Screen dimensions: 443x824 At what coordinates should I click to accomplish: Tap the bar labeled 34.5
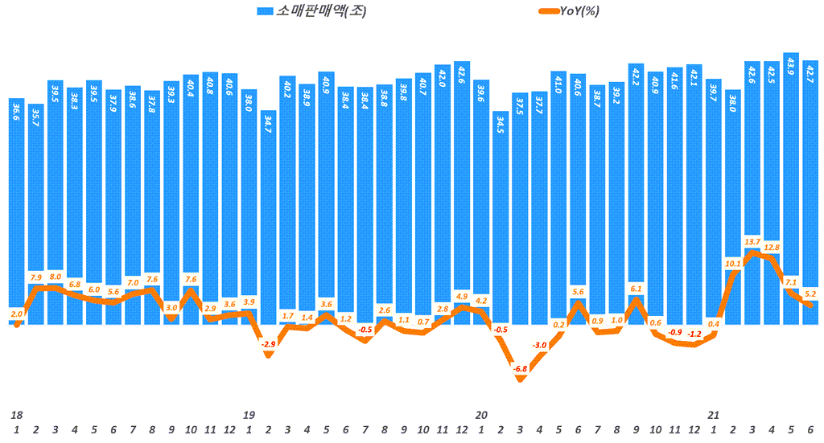[500, 217]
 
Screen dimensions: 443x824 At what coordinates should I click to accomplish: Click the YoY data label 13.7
[752, 241]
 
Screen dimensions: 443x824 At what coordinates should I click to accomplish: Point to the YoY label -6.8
[520, 369]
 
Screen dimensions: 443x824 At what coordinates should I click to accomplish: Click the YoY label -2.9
[268, 344]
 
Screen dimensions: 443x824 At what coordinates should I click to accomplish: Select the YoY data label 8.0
[55, 276]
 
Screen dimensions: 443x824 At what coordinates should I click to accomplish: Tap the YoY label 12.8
[772, 248]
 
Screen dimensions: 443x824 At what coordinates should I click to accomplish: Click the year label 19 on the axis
[249, 415]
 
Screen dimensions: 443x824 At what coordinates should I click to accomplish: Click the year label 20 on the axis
[480, 415]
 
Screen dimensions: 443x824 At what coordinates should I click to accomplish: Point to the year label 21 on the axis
[713, 415]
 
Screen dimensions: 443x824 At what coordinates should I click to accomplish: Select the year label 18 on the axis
[16, 415]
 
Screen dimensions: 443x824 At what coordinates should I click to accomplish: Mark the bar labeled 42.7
[810, 193]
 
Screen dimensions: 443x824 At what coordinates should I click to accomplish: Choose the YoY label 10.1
[733, 263]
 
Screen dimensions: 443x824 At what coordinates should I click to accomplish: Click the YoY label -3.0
[539, 345]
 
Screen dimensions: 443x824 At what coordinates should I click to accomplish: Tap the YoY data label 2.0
[17, 314]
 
